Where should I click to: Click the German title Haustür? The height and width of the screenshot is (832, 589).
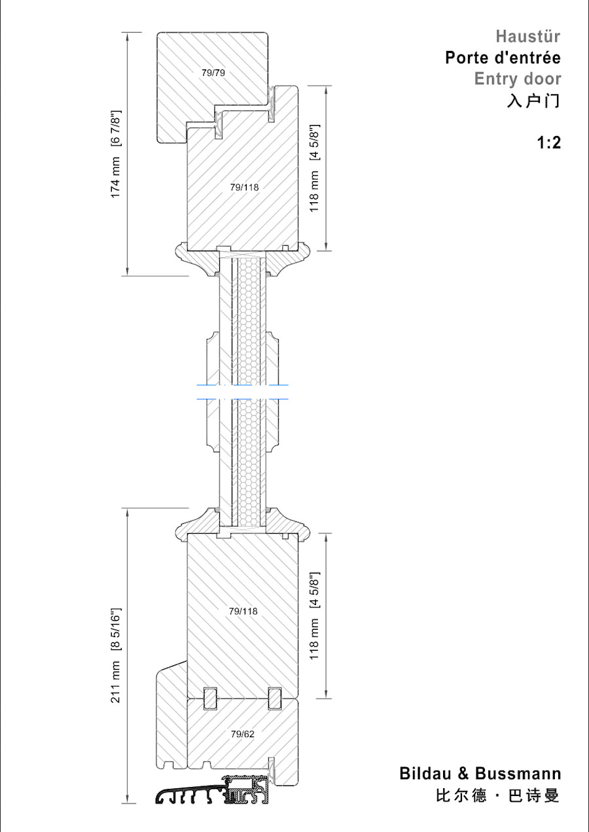click(x=527, y=37)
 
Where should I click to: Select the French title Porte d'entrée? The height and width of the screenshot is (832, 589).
click(x=503, y=58)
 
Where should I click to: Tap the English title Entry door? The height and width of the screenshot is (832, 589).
click(x=517, y=79)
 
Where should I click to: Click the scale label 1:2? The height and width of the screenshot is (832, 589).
click(x=548, y=143)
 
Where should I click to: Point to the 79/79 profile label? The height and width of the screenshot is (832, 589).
click(x=213, y=73)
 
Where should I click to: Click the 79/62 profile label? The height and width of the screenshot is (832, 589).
click(x=242, y=734)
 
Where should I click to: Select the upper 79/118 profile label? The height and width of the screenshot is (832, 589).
click(x=244, y=187)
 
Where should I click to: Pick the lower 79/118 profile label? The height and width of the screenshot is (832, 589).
click(x=243, y=612)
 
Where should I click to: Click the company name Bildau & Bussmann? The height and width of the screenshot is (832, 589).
click(x=480, y=774)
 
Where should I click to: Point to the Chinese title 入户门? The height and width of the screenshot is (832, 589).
click(x=533, y=101)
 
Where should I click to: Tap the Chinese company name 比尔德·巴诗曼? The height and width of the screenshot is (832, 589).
click(x=497, y=796)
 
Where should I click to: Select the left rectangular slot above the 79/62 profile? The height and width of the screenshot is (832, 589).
click(x=211, y=698)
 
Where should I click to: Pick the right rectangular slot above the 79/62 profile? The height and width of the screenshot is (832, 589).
click(x=275, y=698)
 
